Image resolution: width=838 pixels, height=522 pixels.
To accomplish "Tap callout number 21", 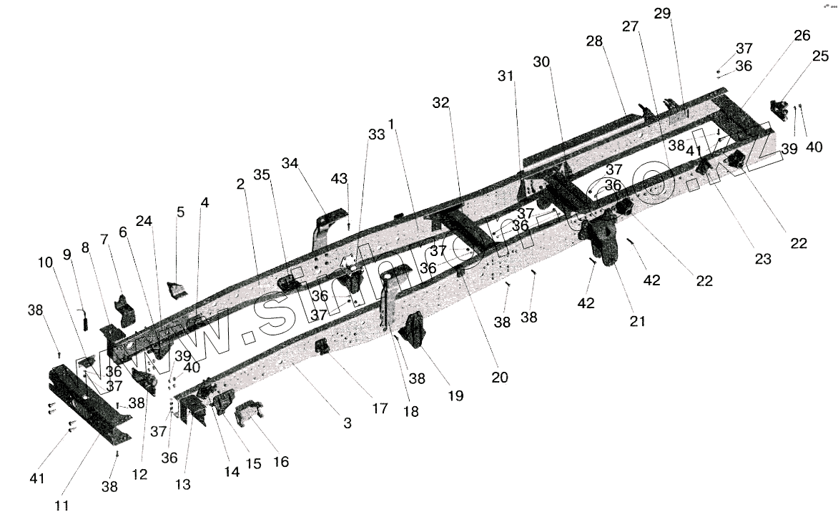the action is (637, 321).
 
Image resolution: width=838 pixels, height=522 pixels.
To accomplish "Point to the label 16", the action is (281, 461).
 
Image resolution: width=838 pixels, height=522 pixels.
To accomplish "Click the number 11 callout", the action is (62, 505).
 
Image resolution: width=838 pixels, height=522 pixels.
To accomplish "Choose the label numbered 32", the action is (440, 103).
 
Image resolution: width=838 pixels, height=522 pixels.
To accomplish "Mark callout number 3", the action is (347, 423).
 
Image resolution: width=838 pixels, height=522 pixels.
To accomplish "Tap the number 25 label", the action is (799, 76).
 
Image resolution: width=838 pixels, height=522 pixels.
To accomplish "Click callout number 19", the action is (455, 395).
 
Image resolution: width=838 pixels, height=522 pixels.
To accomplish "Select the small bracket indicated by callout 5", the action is (175, 290).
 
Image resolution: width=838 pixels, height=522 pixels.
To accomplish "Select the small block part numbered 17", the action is (322, 347).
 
